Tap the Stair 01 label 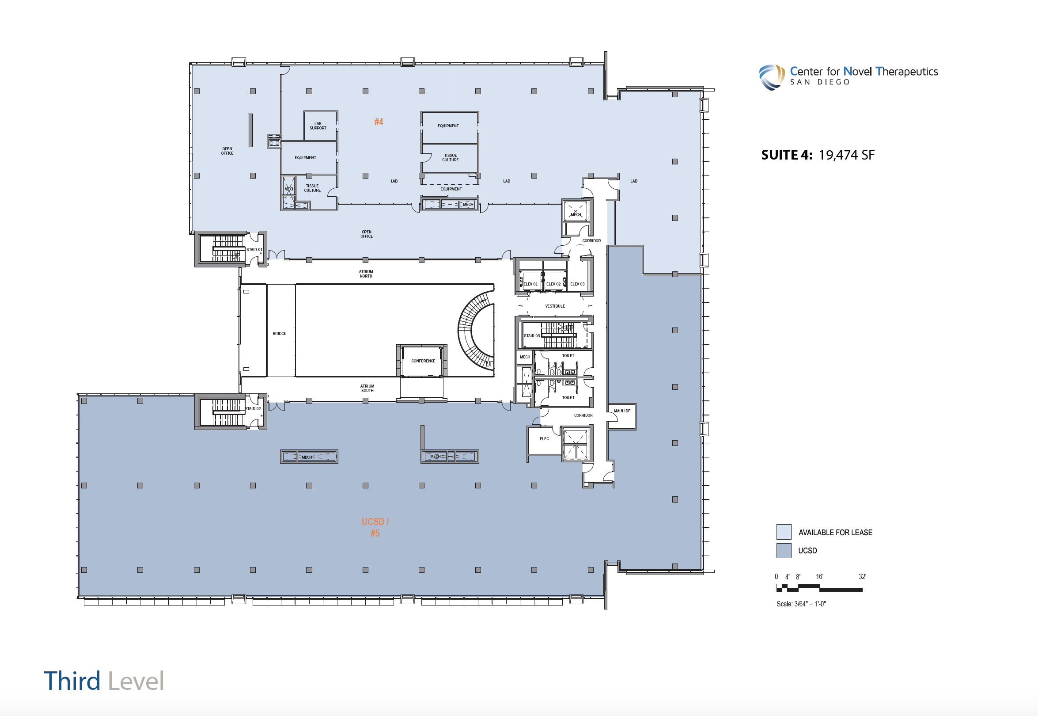pos(254,249)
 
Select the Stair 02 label pos(253,409)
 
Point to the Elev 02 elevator pos(553,282)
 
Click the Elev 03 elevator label pos(577,284)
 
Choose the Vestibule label pos(555,306)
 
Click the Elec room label pos(544,439)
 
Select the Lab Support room pos(320,126)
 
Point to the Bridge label pos(279,333)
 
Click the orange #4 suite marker pos(379,122)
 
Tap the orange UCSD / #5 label pos(375,527)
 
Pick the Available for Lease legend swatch pos(784,532)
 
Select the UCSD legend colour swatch pos(784,550)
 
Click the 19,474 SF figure pos(847,155)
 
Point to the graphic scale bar pos(820,588)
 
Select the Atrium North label pos(366,274)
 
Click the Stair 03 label pos(532,335)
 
